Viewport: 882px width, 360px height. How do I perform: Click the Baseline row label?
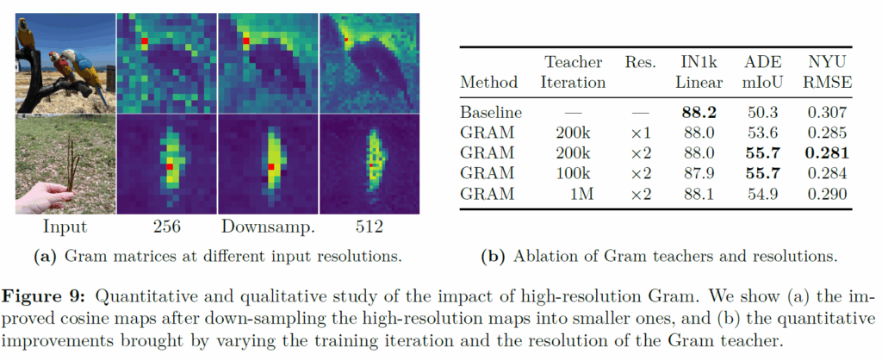coord(490,113)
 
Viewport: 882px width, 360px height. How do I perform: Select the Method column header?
coord(488,83)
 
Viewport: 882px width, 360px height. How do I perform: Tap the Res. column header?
coord(641,63)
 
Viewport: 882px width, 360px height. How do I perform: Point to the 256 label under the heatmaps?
coord(165,227)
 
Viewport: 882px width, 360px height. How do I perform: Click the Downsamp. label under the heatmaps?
coord(267,227)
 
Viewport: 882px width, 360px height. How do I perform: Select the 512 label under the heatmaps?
coord(370,227)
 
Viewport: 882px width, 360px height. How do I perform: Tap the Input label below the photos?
coord(64,227)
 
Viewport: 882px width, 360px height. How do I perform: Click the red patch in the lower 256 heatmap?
coord(171,165)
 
